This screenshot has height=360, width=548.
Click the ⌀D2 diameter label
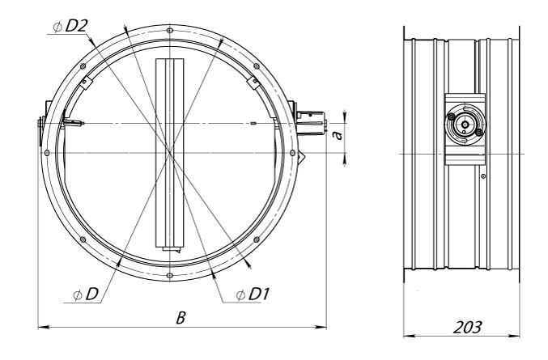70,27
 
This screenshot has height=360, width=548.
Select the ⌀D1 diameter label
253,294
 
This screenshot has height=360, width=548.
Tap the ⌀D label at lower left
86,294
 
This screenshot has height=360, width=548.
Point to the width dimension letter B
181,317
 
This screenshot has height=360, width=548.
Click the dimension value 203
467,327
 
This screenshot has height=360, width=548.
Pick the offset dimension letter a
338,135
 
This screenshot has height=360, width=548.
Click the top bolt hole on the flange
169,31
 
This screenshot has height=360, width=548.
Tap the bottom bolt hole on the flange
169,275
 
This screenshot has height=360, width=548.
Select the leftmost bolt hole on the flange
47,153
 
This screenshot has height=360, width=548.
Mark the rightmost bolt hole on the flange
292,153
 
